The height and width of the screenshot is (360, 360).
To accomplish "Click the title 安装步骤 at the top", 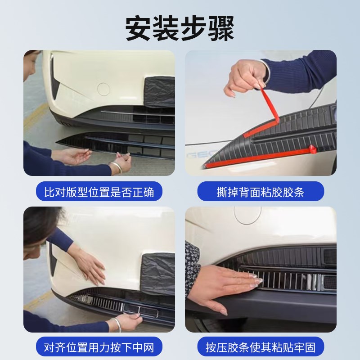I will [180, 28].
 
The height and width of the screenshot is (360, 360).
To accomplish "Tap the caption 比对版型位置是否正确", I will [99, 192].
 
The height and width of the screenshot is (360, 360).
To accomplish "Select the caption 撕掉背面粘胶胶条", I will [261, 192].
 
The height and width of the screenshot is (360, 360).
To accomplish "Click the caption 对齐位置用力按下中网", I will [99, 347].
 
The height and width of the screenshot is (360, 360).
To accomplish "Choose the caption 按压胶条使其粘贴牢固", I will [261, 347].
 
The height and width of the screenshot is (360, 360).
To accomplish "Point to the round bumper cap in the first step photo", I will [103, 89].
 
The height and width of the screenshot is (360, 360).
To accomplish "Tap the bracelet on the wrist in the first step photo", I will [116, 168].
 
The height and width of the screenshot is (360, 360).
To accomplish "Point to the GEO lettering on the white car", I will [197, 156].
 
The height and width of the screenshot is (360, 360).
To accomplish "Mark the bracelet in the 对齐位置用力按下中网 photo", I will [117, 324].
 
